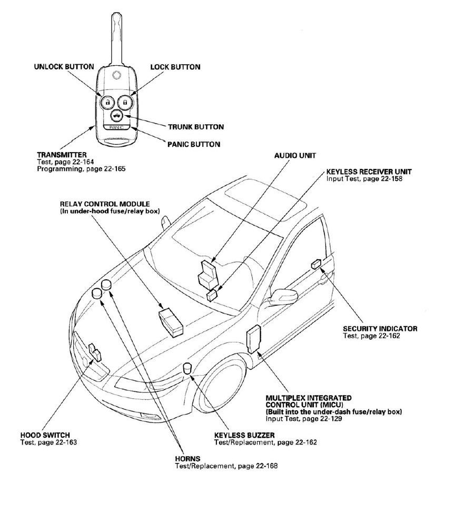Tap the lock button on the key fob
[x=125, y=102]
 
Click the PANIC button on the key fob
[x=115, y=127]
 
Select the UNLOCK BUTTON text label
[x=64, y=67]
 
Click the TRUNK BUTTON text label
[x=196, y=127]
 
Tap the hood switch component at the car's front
[x=95, y=352]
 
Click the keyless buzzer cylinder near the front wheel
[x=187, y=370]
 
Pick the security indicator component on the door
[x=317, y=263]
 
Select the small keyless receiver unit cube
[x=212, y=296]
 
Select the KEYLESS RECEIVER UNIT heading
[x=369, y=171]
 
